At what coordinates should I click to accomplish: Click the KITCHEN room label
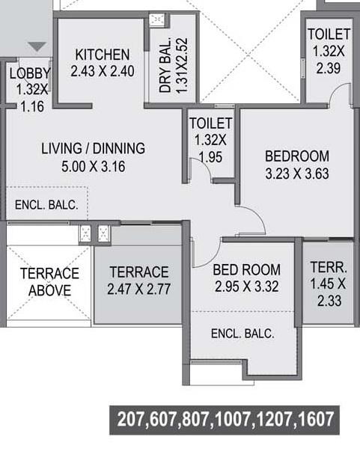pos(102,55)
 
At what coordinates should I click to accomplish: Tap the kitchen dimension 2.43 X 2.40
pos(102,72)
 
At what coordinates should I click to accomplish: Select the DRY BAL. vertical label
pos(166,64)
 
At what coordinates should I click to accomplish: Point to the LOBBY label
pos(30,73)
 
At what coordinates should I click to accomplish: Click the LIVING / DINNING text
pos(93,148)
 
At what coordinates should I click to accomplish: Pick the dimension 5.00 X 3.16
pos(93,166)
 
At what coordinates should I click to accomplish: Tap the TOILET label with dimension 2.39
pos(329,34)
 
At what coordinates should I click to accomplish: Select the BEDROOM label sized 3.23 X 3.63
pos(297,156)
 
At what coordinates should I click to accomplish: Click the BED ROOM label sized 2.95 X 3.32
pos(246,270)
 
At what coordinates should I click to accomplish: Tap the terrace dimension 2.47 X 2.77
pos(139,289)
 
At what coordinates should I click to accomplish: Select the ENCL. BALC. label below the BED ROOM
pos(242,334)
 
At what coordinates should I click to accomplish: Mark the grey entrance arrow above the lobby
pos(37,47)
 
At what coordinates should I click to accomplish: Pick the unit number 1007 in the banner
pos(234,419)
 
